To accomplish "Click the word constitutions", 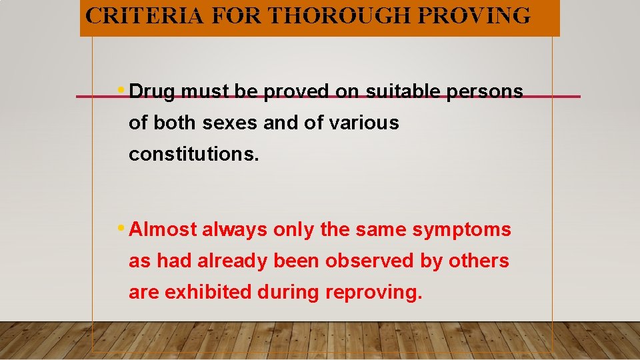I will (191, 154).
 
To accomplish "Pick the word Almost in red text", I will (163, 230).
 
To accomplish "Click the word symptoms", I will (462, 231).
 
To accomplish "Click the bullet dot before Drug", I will (120, 90).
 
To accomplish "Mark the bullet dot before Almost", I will (120, 228).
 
